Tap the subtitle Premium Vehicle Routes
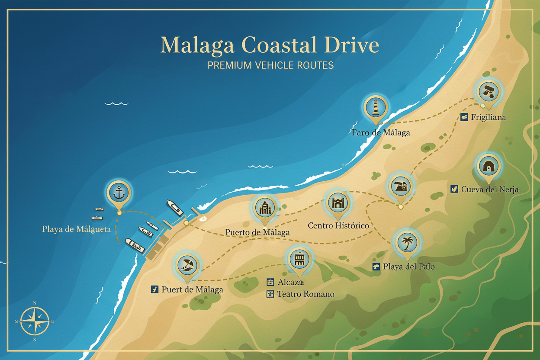pyautogui.click(x=270, y=65)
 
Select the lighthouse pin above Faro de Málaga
pyautogui.click(x=376, y=107)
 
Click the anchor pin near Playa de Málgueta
pyautogui.click(x=119, y=194)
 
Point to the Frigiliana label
pyautogui.click(x=488, y=117)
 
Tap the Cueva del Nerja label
pyautogui.click(x=489, y=189)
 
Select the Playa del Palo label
pyautogui.click(x=408, y=267)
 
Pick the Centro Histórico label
pyautogui.click(x=338, y=225)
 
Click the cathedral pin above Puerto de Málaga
pyautogui.click(x=264, y=209)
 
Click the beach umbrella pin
pyautogui.click(x=187, y=264)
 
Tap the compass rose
pyautogui.click(x=35, y=321)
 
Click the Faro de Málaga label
pyautogui.click(x=381, y=132)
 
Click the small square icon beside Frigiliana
pyautogui.click(x=464, y=117)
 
